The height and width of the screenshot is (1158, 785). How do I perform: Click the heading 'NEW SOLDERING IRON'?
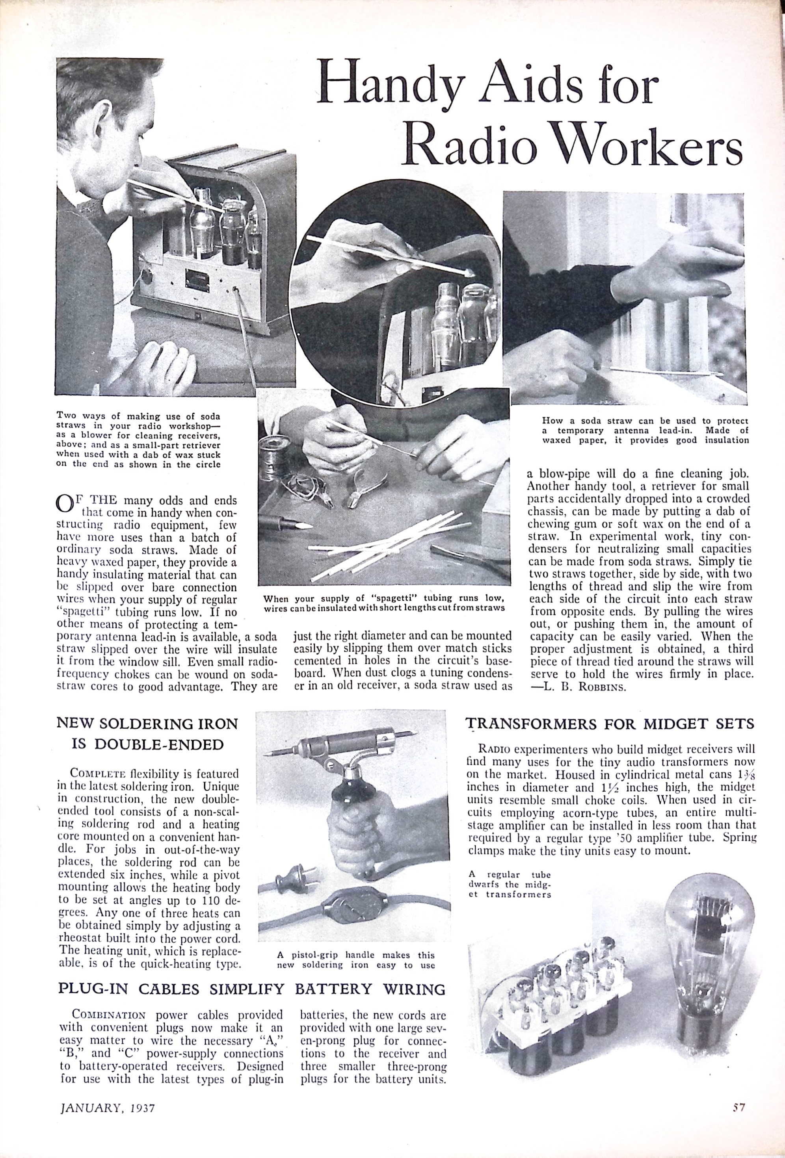[147, 724]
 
